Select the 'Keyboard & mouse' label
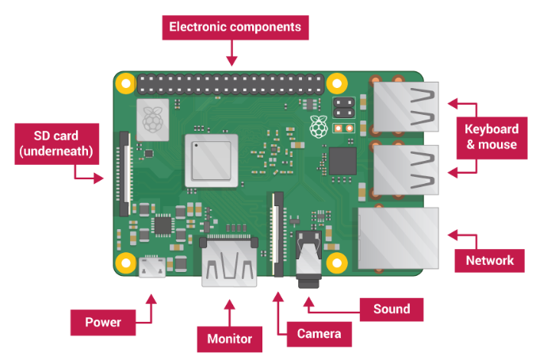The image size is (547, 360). tap(492, 136)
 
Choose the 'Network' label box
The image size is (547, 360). tap(489, 260)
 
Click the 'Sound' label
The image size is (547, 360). tap(392, 309)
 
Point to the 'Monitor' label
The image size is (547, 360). tap(229, 339)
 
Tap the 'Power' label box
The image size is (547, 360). tap(103, 323)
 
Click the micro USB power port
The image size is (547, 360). tap(151, 268)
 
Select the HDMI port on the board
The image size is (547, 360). tap(228, 262)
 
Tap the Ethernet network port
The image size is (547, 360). tap(397, 236)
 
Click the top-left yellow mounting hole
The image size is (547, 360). tap(125, 82)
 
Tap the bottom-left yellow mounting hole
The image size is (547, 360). tap(125, 262)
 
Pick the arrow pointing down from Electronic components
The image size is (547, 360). tap(231, 54)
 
